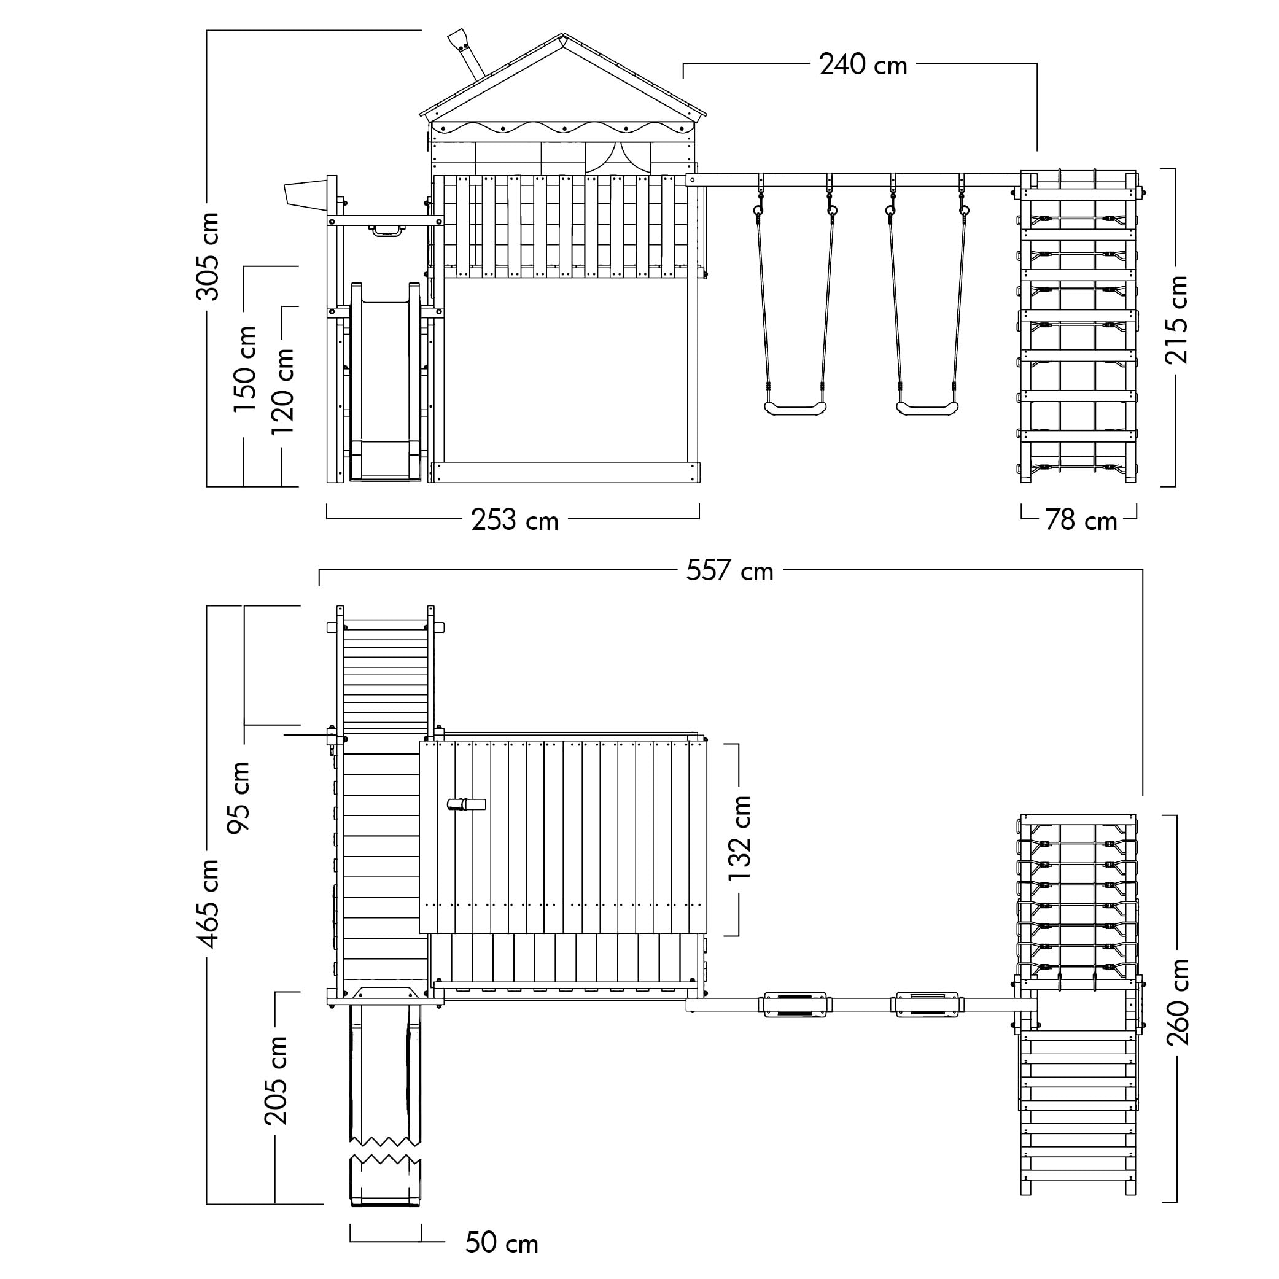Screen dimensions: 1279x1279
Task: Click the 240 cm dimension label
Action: [x=863, y=65]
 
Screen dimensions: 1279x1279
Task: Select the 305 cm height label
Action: [x=208, y=256]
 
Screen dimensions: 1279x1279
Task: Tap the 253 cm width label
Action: [x=515, y=520]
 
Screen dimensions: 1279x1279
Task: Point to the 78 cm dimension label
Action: [x=1081, y=520]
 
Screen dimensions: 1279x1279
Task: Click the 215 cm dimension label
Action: [x=1176, y=320]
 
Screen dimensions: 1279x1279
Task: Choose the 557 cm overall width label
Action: [x=729, y=570]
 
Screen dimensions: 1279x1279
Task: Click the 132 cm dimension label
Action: [x=739, y=838]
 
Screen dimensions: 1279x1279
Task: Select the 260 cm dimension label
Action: [x=1178, y=1001]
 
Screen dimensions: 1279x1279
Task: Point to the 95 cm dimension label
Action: [x=238, y=797]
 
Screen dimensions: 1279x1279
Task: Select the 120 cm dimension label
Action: [x=282, y=391]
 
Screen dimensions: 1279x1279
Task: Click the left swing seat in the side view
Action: [x=795, y=408]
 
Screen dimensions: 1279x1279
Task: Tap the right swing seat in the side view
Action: [x=927, y=408]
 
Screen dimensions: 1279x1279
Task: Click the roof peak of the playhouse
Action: [x=562, y=34]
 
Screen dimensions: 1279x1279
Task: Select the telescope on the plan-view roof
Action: [x=467, y=804]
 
